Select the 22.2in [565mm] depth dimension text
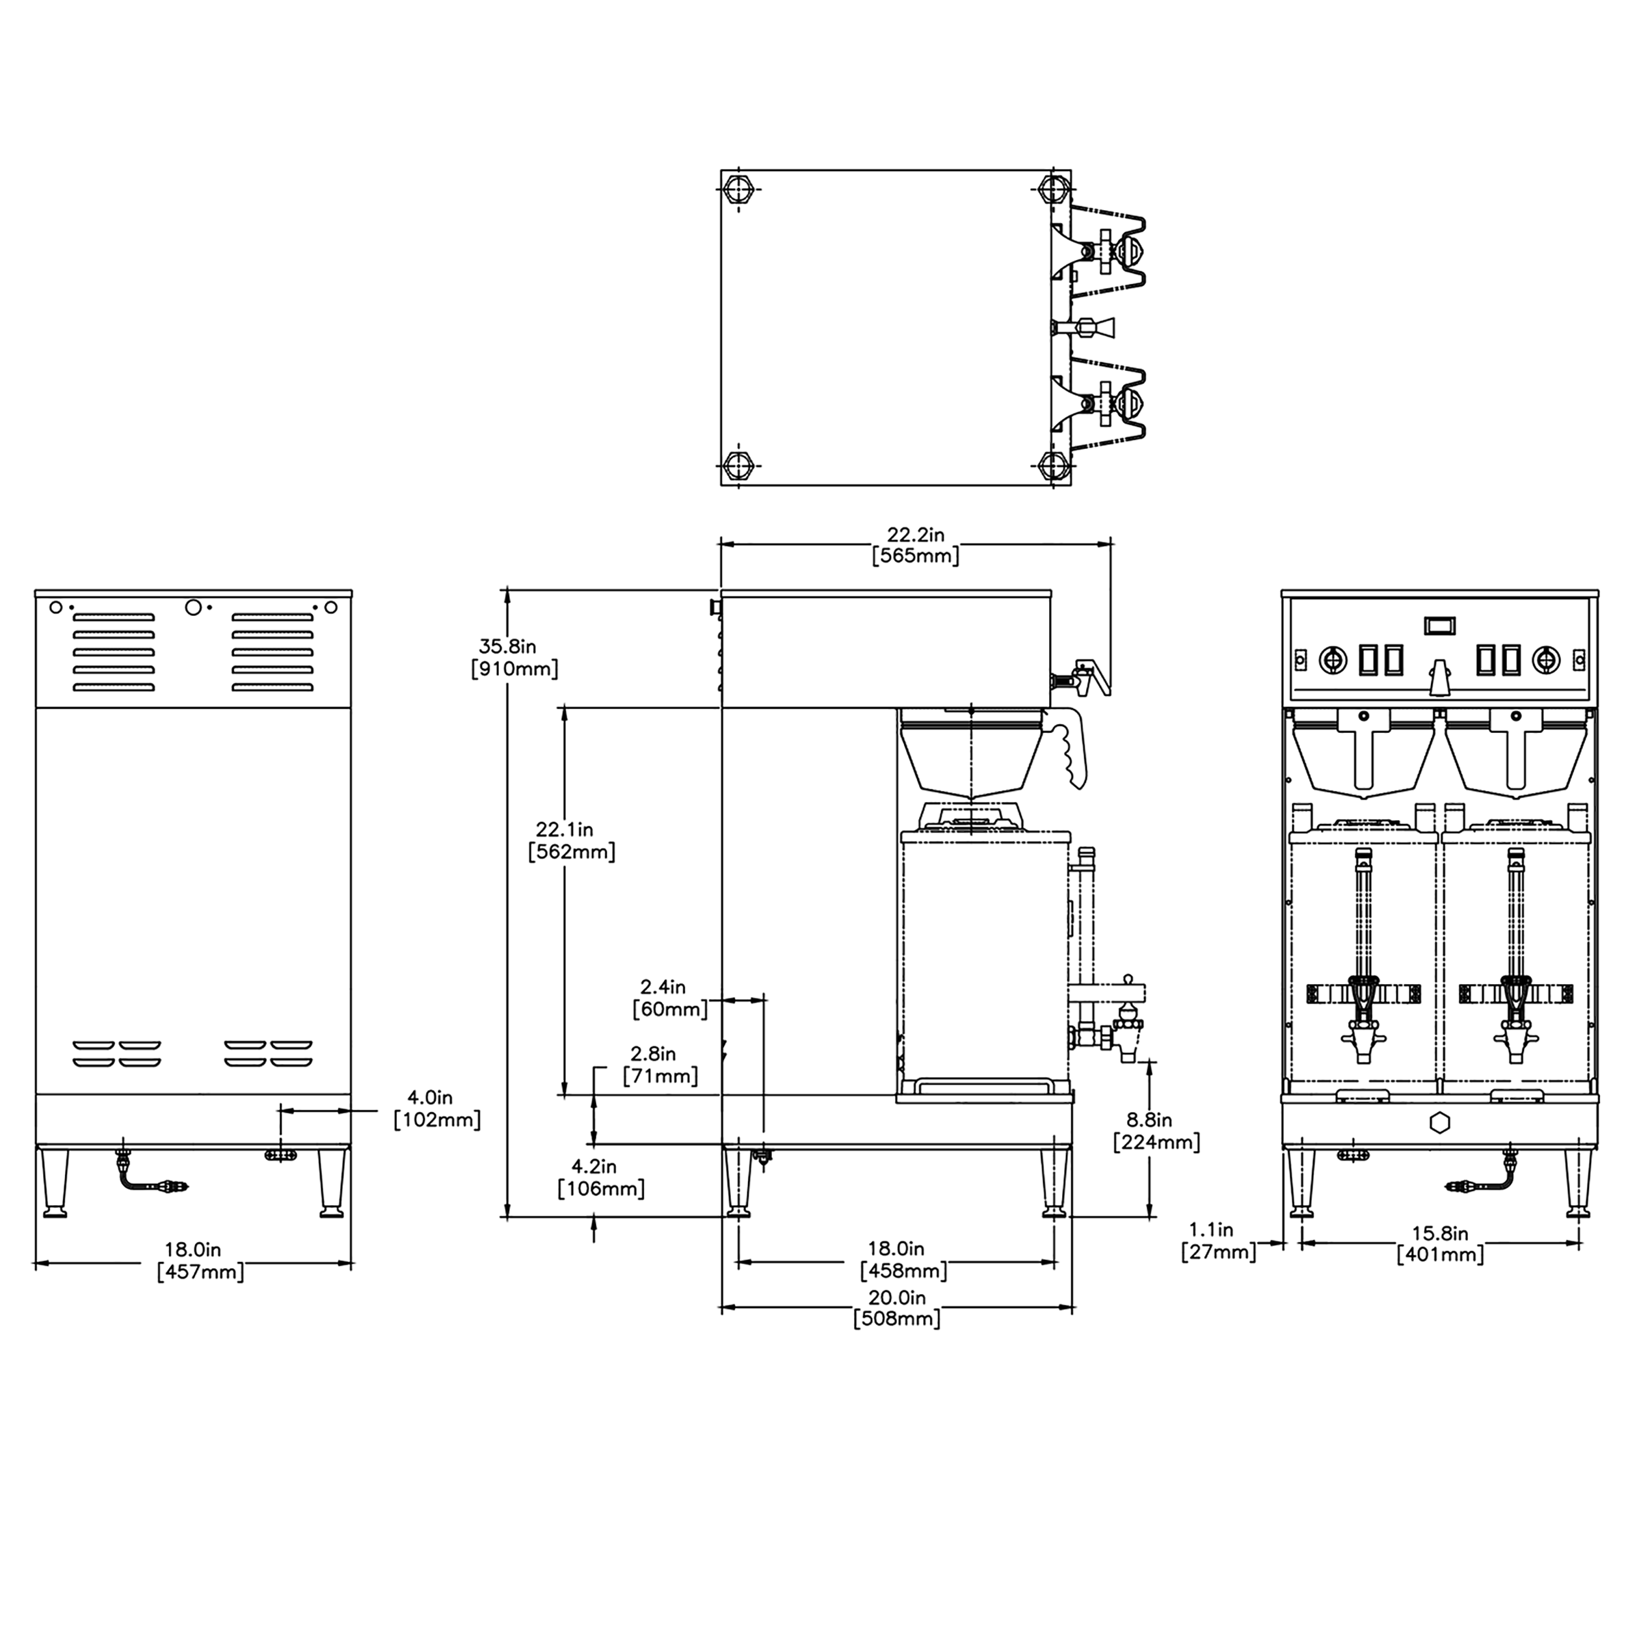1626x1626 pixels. pyautogui.click(x=915, y=544)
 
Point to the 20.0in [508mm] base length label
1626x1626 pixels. pyautogui.click(x=896, y=1307)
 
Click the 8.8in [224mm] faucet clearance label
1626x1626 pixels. pyautogui.click(x=1156, y=1131)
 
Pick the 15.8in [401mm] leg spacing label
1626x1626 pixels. pyautogui.click(x=1439, y=1243)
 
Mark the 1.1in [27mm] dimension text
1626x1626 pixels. pyautogui.click(x=1218, y=1242)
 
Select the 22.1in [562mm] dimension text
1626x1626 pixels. pyautogui.click(x=572, y=840)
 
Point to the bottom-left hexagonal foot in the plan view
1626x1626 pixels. pyautogui.click(x=739, y=464)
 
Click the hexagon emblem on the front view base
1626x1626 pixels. pyautogui.click(x=1439, y=1123)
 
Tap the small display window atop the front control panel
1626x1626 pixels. pyautogui.click(x=1439, y=625)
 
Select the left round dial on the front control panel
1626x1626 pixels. pyautogui.click(x=1331, y=660)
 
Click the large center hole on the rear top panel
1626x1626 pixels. pyautogui.click(x=193, y=607)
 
